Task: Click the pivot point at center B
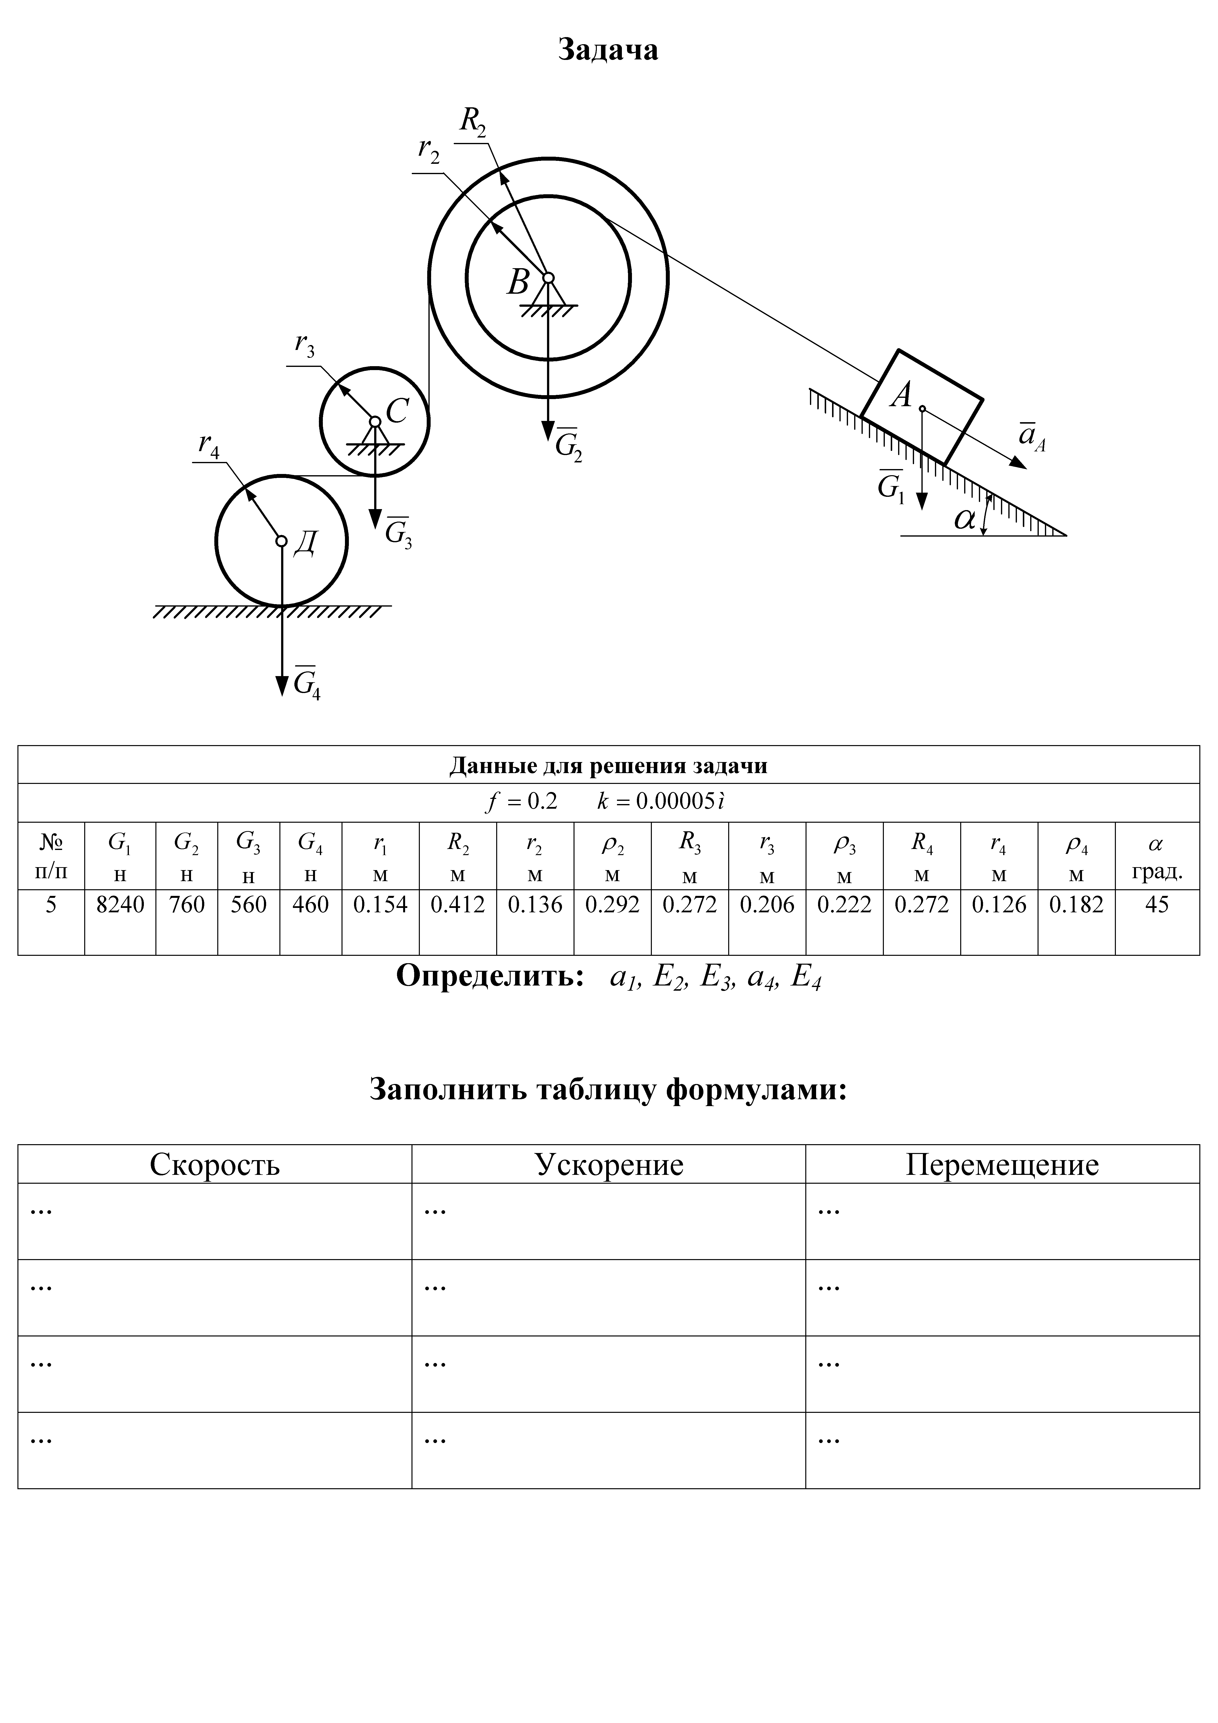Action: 548,278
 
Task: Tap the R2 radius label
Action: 473,120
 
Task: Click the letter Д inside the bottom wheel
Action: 305,542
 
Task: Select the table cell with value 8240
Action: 120,905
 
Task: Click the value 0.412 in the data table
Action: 458,905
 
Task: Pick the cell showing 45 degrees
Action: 1156,905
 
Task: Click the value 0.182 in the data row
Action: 1076,905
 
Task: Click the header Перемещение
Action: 1002,1165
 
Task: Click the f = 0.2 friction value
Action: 521,802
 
